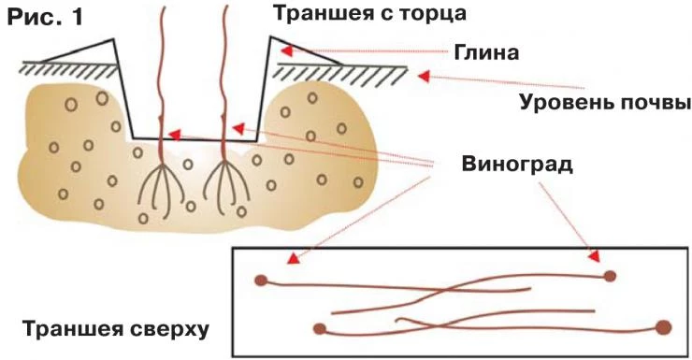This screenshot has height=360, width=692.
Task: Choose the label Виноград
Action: [515, 165]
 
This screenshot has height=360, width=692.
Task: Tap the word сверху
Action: [169, 330]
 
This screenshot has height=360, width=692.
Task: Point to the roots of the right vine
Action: [224, 182]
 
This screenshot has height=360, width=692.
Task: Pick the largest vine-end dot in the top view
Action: [664, 326]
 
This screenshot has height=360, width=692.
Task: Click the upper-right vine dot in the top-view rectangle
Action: [610, 276]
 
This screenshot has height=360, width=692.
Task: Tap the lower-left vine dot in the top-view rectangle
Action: [320, 328]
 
